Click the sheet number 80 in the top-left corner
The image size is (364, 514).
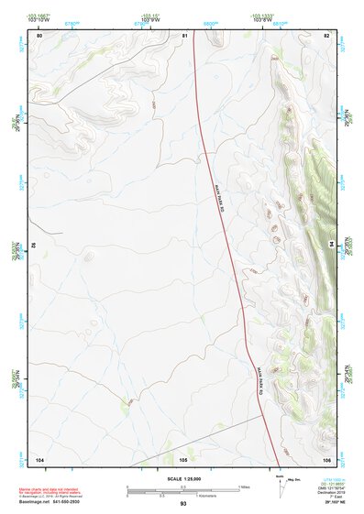tap(39, 35)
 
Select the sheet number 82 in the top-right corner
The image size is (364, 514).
tap(326, 35)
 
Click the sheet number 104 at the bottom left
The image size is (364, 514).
tap(39, 457)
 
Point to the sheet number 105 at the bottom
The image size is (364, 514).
tap(183, 457)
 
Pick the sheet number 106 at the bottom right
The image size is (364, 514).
tap(326, 457)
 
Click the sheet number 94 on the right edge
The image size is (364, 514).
tap(331, 246)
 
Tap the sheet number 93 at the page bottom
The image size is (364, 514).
tap(183, 504)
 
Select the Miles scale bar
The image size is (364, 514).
tap(183, 487)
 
